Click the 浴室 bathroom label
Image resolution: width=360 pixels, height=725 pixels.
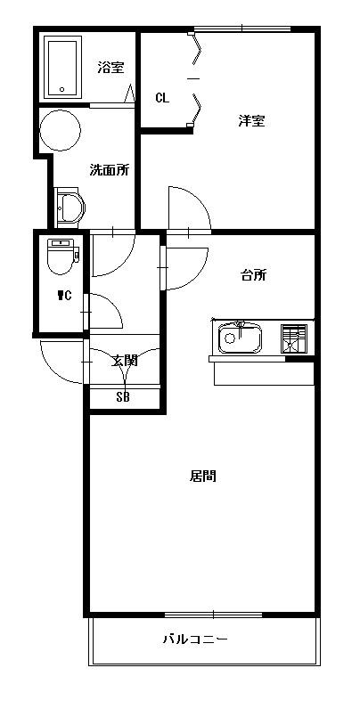point(110,68)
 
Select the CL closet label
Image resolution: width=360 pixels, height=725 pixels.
point(162,98)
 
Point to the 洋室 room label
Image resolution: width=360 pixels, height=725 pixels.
point(251,121)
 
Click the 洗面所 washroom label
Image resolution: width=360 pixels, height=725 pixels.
point(110,170)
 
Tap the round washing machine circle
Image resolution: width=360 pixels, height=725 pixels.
point(61,130)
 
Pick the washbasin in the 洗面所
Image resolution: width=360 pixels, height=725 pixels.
point(70,208)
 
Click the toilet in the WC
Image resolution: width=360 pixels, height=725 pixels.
point(63,257)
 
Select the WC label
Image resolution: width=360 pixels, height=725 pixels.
point(64,296)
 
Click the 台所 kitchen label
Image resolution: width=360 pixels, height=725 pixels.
point(254,275)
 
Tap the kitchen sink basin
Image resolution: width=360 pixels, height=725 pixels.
point(240,338)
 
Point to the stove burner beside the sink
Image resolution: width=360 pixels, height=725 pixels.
point(294,338)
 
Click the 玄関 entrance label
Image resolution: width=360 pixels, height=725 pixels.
point(125,360)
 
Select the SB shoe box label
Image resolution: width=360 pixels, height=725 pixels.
point(123,396)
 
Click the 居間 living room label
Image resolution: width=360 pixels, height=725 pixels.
point(202,476)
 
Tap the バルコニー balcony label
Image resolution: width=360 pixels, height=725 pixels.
point(195,639)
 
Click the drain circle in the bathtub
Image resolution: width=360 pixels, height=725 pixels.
point(62,90)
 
